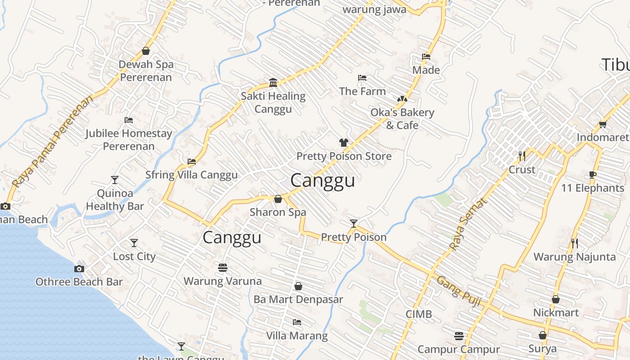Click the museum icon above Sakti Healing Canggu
coord(273,82)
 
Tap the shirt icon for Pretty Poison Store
coord(344,143)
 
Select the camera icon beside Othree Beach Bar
coord(79,269)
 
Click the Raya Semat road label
coord(469,224)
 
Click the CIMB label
coord(418,314)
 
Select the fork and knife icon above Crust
coord(522,156)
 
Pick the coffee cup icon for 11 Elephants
coord(593,175)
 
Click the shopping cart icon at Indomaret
coord(603,124)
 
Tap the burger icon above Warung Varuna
coord(222,268)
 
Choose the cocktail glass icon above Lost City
coord(134,243)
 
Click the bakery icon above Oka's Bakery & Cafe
coord(402,99)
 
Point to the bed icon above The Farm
coord(362,78)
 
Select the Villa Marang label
coord(297,336)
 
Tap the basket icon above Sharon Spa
coord(278,199)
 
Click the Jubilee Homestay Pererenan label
coord(129,140)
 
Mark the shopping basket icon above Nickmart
coord(556,299)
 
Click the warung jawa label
coord(374,9)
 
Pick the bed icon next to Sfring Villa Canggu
coord(192,161)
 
